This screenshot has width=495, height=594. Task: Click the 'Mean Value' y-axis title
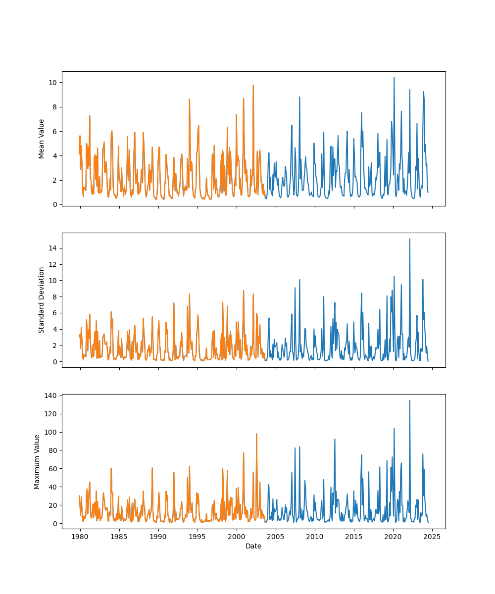click(x=42, y=139)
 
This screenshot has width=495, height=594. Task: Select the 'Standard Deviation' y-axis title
click(x=42, y=300)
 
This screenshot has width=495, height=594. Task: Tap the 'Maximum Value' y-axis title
click(x=37, y=461)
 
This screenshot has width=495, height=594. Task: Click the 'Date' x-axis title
click(x=253, y=546)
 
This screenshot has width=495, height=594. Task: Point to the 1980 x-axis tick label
click(x=80, y=537)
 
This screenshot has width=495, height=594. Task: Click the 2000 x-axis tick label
click(x=237, y=537)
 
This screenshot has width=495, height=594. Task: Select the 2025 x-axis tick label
click(x=432, y=537)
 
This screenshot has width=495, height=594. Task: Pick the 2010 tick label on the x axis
click(x=315, y=537)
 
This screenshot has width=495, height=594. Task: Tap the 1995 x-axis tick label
click(x=198, y=537)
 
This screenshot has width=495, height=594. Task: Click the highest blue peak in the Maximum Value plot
click(x=409, y=400)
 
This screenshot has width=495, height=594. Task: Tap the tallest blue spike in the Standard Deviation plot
click(x=409, y=239)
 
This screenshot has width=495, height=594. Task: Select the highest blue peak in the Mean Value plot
click(x=394, y=78)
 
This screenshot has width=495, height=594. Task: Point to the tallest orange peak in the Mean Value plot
click(x=253, y=85)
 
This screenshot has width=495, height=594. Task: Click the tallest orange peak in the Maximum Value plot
click(x=256, y=434)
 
